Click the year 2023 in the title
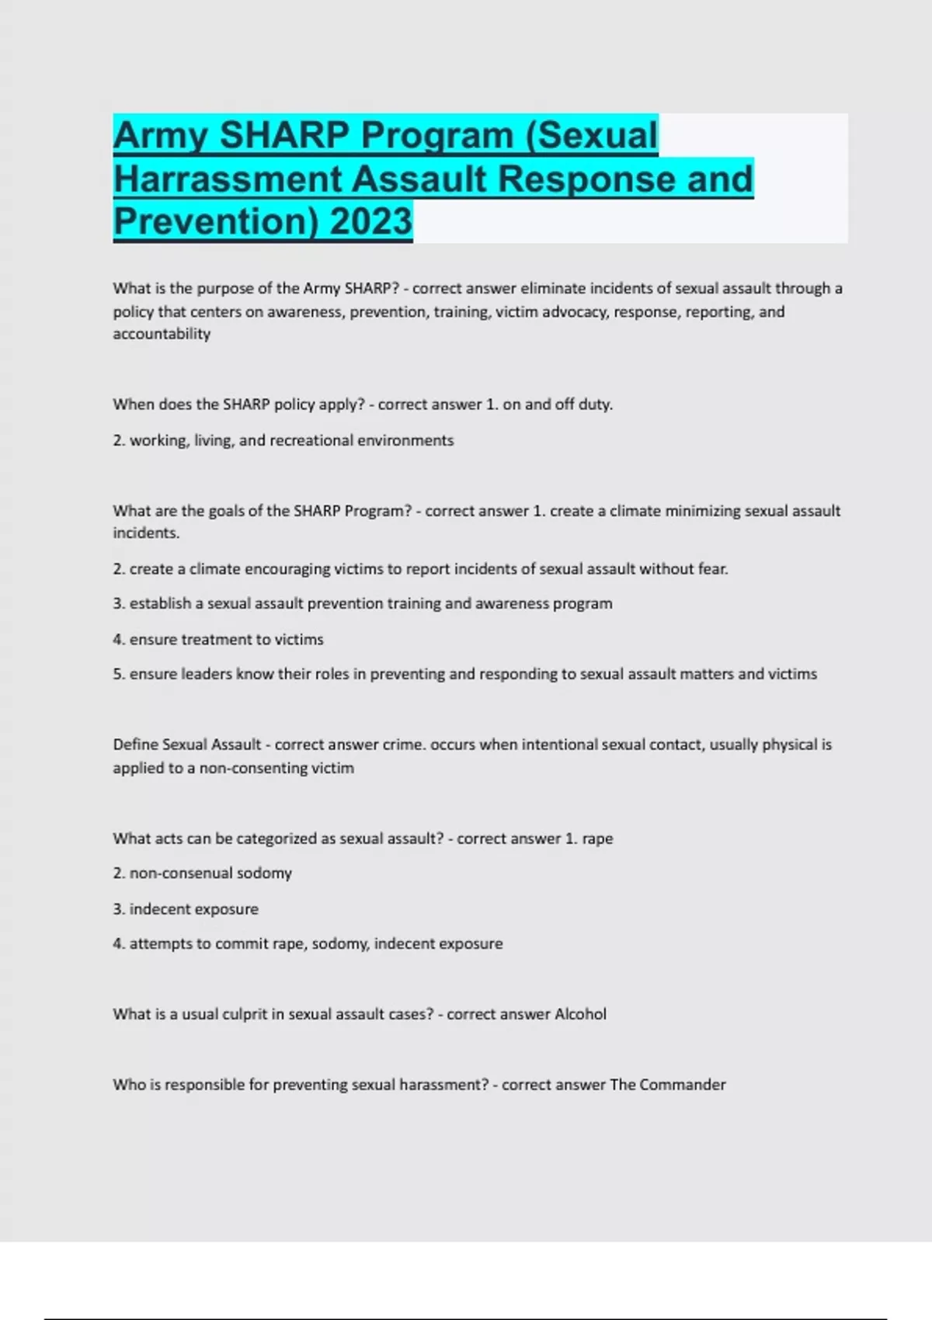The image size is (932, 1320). [x=371, y=221]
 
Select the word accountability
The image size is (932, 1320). [x=162, y=334]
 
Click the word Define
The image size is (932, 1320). [x=135, y=745]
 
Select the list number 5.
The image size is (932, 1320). [x=118, y=674]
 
